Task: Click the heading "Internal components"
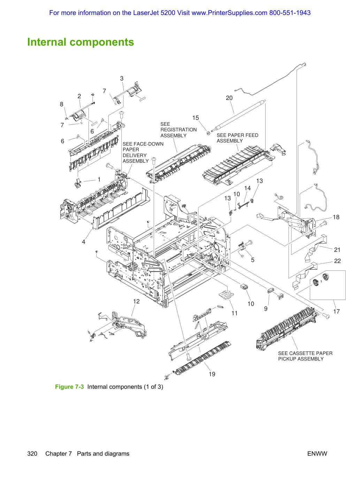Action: pos(81,42)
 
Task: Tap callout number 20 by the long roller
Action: pos(229,98)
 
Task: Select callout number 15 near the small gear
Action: pos(196,118)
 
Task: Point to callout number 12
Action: pos(137,301)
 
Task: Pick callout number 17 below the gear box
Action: pos(337,311)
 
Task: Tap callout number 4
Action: pos(83,242)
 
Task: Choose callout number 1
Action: pos(99,180)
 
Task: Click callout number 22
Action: pos(337,261)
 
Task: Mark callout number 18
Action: pos(336,217)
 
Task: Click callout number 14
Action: pos(247,188)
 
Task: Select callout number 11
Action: pos(235,314)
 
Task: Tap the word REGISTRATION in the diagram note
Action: pos(178,130)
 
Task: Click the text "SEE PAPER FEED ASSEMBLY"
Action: pos(238,138)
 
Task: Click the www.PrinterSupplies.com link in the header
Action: pos(229,13)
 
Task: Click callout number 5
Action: pos(253,260)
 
